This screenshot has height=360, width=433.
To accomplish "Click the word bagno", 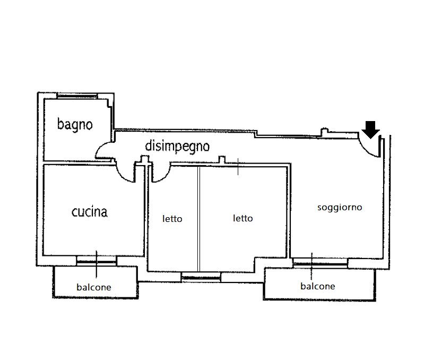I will coord(75,125).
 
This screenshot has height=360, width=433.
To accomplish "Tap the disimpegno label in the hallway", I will coord(177,147).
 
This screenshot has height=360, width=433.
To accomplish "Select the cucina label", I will coord(89,212).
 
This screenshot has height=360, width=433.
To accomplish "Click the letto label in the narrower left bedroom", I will coord(172,219).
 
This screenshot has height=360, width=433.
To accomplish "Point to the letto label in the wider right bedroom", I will coord(243,218).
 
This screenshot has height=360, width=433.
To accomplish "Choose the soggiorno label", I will coord(340,207).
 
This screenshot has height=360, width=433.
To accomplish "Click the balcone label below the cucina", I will coord(94,287).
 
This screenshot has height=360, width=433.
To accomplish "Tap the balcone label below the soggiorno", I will coord(318,286).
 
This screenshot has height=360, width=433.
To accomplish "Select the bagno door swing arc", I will coord(104,152).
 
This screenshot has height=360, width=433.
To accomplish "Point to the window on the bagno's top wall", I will coord(77,96).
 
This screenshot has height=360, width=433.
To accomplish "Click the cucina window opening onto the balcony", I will coord(96,260).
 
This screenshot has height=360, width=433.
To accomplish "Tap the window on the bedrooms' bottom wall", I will coord(201,276).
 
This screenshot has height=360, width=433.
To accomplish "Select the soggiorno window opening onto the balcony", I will coord(320,262).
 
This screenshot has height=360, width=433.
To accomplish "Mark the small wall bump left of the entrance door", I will coord(325,131).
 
